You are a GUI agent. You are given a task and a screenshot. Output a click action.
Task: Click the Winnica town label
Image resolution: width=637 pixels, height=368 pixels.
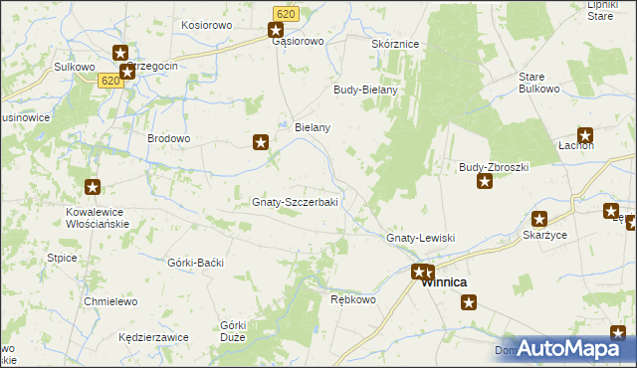(x=444, y=282)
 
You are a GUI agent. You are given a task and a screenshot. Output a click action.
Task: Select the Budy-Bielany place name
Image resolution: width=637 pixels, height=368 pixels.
(x=365, y=90)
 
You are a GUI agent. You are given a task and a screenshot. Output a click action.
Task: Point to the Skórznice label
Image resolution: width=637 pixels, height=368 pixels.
(x=395, y=45)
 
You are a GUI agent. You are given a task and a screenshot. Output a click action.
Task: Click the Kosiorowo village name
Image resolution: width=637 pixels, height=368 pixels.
(x=206, y=23)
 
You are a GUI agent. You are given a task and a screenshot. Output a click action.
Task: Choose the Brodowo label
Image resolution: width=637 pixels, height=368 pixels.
(x=168, y=138)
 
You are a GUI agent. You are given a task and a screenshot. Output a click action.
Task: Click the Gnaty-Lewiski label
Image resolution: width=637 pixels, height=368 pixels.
(x=420, y=239)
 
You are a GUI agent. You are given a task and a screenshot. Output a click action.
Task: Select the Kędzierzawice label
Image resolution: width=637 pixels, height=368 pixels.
(x=153, y=337)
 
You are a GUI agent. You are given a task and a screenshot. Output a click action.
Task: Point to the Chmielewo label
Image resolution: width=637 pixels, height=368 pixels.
(x=109, y=300)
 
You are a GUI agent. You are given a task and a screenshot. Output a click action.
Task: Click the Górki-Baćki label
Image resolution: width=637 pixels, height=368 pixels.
(x=196, y=263)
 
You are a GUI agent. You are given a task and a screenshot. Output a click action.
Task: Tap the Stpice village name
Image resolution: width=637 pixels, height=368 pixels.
(x=62, y=258)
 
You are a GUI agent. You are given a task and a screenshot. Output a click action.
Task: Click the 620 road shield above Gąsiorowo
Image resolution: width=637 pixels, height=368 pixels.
(x=286, y=13)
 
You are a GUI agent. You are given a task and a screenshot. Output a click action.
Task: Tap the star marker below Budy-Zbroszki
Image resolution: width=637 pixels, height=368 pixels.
(x=485, y=180)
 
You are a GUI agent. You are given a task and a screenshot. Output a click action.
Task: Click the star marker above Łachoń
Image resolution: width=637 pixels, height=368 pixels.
(x=585, y=135)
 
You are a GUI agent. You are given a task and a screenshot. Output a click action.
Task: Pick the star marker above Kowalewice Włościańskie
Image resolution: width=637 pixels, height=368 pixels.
(x=93, y=186)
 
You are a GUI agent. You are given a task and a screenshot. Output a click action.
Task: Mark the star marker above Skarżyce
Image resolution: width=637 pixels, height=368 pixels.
(x=539, y=219)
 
